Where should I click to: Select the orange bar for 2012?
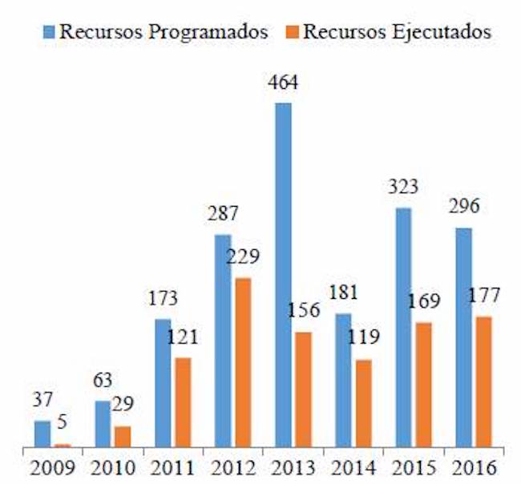click(241, 362)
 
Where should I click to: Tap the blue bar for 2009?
click(42, 434)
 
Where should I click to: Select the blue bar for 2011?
click(163, 382)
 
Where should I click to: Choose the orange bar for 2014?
click(362, 403)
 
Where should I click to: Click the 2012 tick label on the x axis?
click(233, 467)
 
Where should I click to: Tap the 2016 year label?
click(472, 467)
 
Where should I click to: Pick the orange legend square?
click(294, 32)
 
